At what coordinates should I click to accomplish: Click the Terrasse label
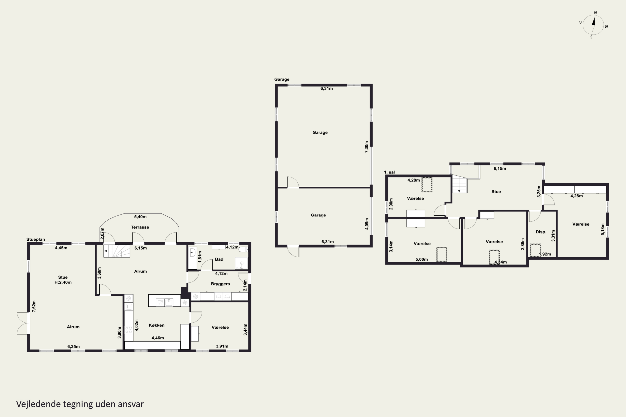click(x=140, y=227)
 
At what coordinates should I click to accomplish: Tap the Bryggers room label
click(x=220, y=284)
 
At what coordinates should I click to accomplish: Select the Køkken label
click(x=156, y=325)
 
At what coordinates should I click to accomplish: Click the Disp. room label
click(x=541, y=232)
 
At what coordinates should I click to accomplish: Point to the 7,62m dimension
click(x=34, y=306)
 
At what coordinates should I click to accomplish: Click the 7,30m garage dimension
click(x=366, y=147)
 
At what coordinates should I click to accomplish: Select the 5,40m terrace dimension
click(x=140, y=217)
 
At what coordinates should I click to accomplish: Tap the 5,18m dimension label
click(x=603, y=229)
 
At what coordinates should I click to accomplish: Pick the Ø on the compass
click(x=606, y=27)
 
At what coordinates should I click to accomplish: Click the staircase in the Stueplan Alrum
click(x=117, y=251)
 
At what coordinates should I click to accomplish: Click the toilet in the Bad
click(x=243, y=249)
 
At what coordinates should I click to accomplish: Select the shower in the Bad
click(x=241, y=263)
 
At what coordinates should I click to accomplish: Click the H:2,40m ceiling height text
click(x=63, y=283)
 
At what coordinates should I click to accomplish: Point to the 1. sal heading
click(x=389, y=172)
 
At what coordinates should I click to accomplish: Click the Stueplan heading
click(x=36, y=239)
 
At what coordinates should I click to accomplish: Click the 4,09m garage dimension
click(x=366, y=224)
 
